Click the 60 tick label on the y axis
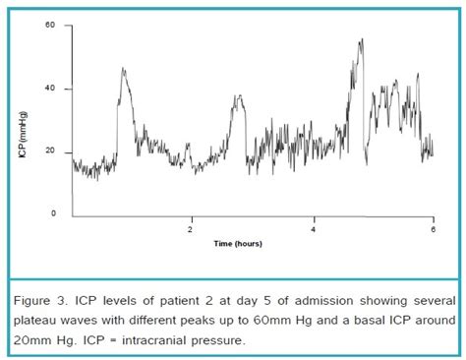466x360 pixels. (x=50, y=25)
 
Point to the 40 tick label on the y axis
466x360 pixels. (x=50, y=89)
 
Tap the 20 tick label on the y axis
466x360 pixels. (x=50, y=151)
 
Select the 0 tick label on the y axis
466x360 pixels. (x=53, y=213)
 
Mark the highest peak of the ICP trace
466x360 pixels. (x=362, y=40)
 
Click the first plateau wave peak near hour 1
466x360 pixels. (x=123, y=69)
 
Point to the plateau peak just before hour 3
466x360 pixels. (x=237, y=96)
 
